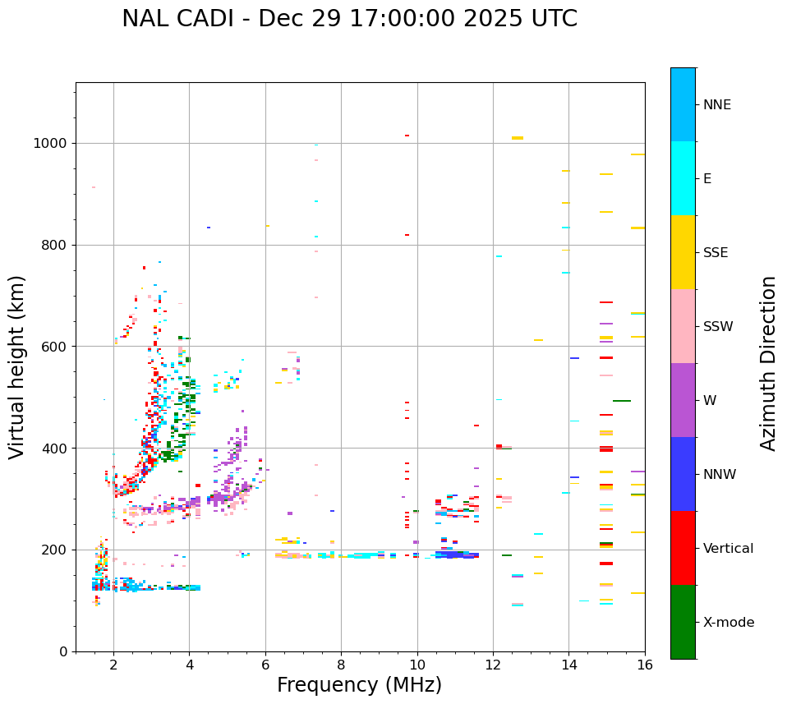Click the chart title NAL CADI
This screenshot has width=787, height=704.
coord(349,19)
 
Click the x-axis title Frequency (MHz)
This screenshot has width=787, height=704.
coord(359,685)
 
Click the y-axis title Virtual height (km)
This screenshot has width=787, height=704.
coord(17,366)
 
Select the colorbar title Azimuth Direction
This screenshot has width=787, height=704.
coord(768,363)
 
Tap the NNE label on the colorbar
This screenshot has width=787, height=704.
coord(716,105)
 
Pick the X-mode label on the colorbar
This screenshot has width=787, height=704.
coord(729,623)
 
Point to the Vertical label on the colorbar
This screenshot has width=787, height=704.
coord(730,549)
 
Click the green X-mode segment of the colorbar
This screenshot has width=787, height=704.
coord(683,622)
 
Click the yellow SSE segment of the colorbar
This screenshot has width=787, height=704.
coord(683,252)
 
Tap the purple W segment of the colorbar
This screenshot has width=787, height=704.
coord(683,400)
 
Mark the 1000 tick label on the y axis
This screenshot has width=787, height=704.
coord(51,144)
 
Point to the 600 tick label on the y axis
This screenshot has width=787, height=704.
coord(55,347)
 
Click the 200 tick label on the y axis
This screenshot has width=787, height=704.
coord(55,550)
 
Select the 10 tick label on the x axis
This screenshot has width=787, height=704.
coord(417,664)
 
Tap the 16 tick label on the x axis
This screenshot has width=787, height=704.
coord(645,664)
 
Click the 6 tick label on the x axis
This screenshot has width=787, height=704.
coord(265,664)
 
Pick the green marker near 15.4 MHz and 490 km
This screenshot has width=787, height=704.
coord(622,401)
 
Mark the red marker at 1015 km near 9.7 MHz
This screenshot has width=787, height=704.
coord(407,136)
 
